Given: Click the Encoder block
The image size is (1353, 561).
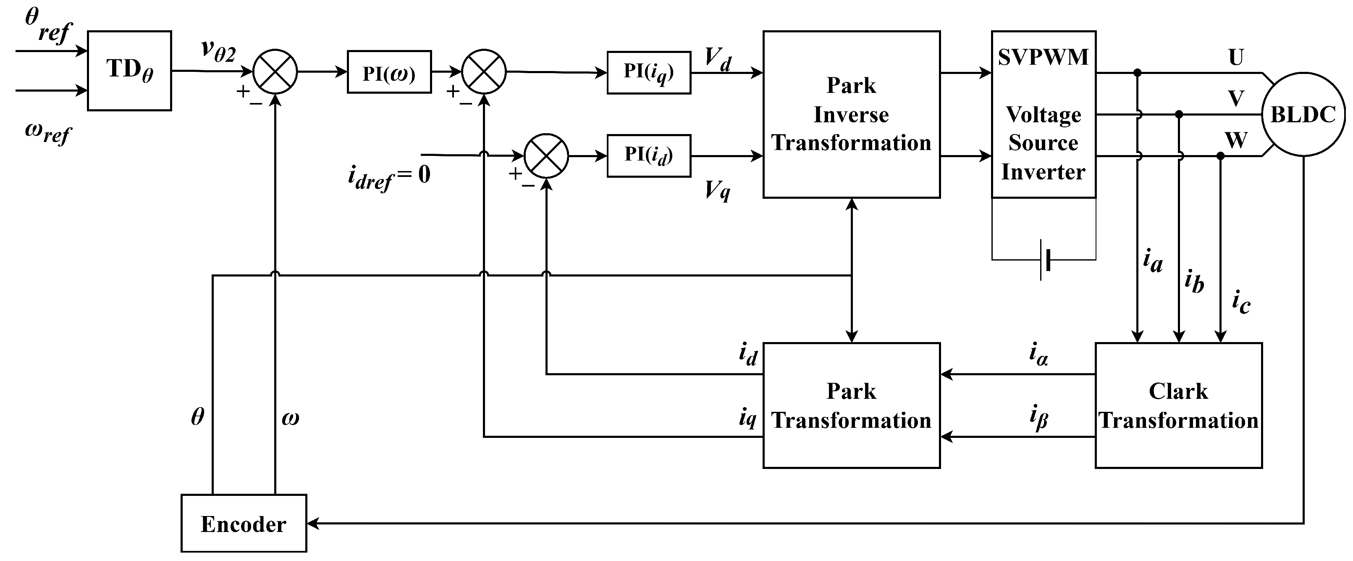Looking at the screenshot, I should (244, 523).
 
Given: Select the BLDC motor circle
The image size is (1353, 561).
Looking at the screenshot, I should (1303, 114).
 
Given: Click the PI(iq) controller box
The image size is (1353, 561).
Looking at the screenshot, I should (649, 73).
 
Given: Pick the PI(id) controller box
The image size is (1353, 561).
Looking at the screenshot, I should (649, 155).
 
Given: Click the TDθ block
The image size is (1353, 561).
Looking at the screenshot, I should (129, 71).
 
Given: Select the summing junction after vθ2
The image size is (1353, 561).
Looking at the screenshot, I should (275, 72).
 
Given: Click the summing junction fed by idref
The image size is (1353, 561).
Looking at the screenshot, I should (546, 155).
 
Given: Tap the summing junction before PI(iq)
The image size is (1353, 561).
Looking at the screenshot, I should (484, 72).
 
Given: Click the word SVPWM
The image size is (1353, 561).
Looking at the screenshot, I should (1043, 57).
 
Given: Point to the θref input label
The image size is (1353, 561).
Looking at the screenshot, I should (47, 25).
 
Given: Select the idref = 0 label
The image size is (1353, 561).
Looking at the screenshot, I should (389, 176).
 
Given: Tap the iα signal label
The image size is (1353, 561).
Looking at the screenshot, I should (1038, 354).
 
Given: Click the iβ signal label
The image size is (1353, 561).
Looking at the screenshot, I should (1038, 418).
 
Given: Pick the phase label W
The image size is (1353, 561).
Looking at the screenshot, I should (1236, 140).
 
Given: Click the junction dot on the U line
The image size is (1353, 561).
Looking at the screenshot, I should (1137, 73).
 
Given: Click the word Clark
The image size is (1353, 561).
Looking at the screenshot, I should (1178, 391).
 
